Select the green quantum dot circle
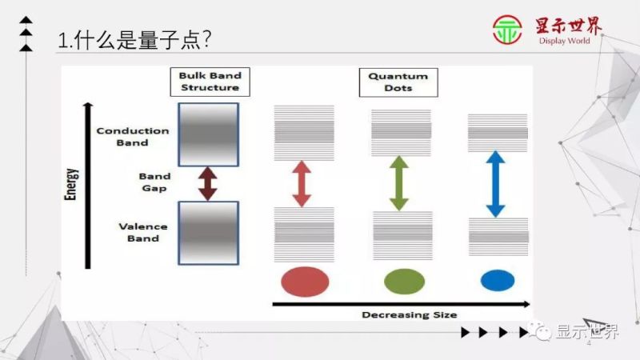tap(404, 281)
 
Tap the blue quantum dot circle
tap(496, 280)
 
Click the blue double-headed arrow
tap(496, 184)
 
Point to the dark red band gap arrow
tap(208, 183)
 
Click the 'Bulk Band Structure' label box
tap(210, 82)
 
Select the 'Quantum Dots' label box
tap(398, 82)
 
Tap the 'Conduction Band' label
tap(133, 137)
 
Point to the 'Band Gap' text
tap(154, 182)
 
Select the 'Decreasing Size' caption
tap(409, 314)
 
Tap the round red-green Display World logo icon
tap(507, 31)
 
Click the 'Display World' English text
tap(564, 41)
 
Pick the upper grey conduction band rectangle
tap(208, 134)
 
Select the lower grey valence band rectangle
tap(208, 232)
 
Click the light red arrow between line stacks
tap(301, 183)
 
